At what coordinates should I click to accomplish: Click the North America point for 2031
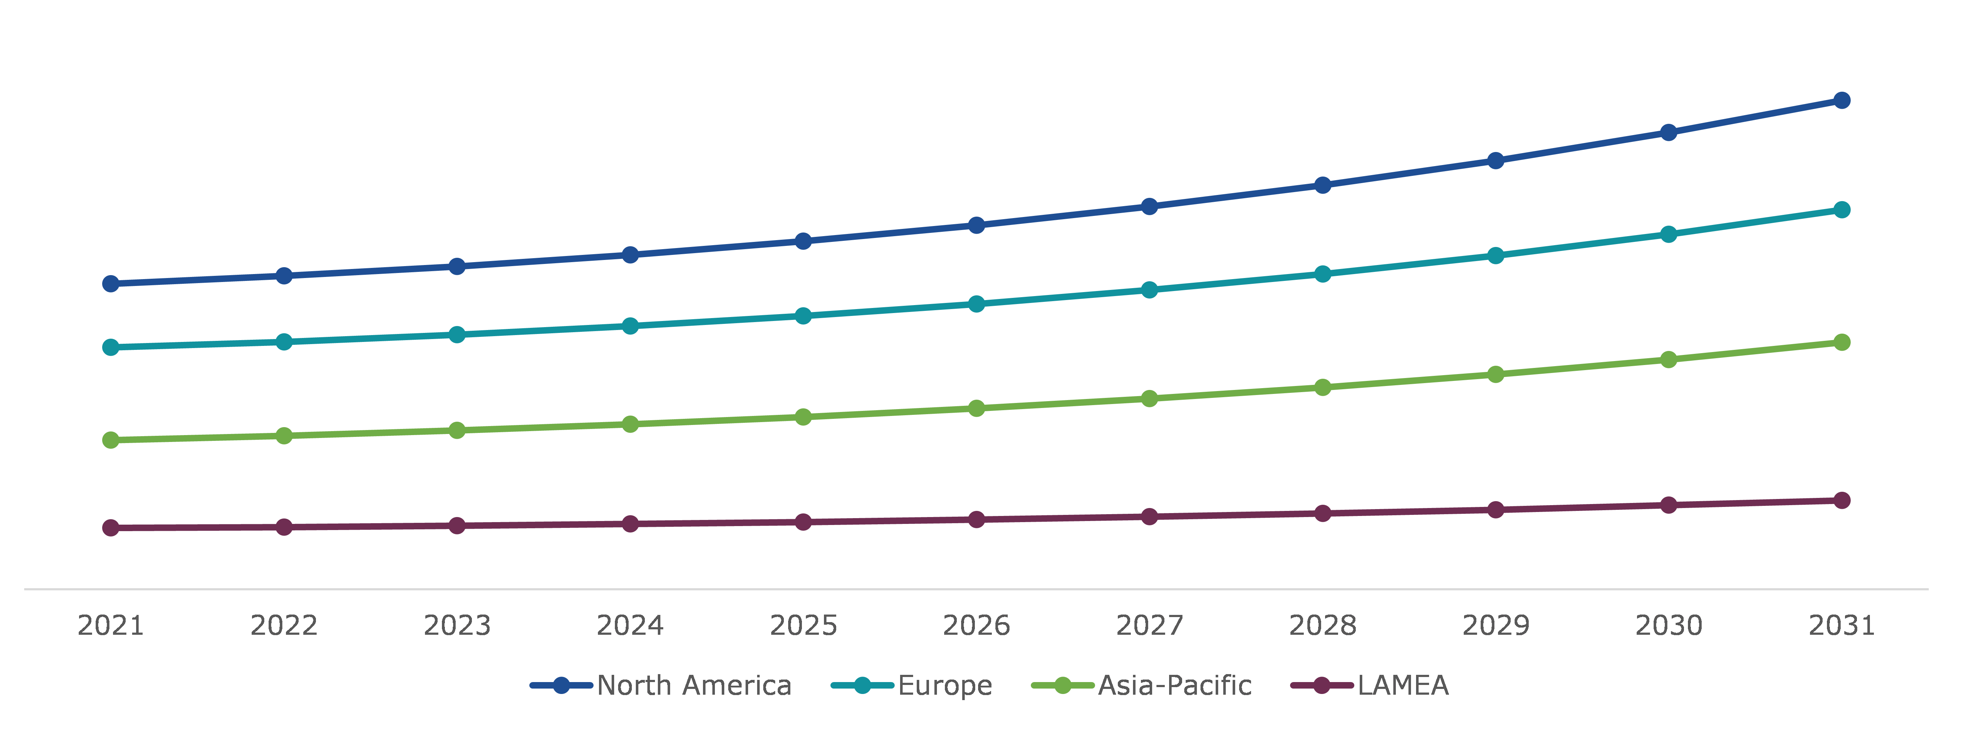(x=1842, y=100)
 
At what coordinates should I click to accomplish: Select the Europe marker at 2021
(x=111, y=347)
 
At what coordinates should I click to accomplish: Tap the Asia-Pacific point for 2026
(x=976, y=408)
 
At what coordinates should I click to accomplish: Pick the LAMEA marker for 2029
(x=1496, y=509)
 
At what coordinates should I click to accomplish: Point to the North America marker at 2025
(x=803, y=241)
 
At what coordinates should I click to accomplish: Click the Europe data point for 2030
(x=1669, y=234)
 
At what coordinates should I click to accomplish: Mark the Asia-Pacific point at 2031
(x=1842, y=342)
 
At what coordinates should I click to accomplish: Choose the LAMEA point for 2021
(x=111, y=528)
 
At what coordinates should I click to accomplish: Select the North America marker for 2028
(x=1323, y=185)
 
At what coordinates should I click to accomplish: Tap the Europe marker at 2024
(x=630, y=326)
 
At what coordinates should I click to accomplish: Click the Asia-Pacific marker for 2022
(x=284, y=435)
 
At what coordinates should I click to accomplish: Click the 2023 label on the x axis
(x=457, y=626)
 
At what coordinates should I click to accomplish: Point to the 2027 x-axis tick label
(x=1149, y=626)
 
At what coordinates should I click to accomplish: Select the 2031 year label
(x=1842, y=626)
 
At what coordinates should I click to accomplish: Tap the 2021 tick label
(x=111, y=626)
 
